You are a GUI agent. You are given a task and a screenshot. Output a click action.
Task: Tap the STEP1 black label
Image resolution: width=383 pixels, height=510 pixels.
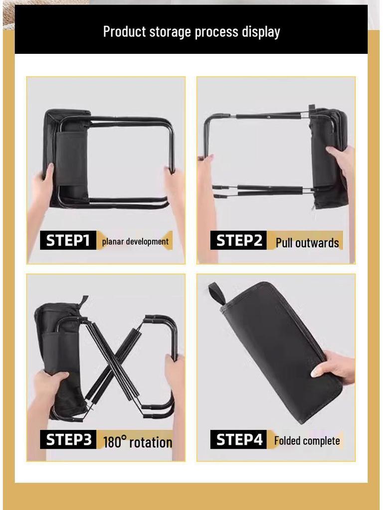coord(68,241)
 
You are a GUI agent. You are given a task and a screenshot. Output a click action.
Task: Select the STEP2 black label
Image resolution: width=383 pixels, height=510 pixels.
coord(238,241)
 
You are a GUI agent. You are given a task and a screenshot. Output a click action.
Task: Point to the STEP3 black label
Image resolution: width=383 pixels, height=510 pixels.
coord(68,440)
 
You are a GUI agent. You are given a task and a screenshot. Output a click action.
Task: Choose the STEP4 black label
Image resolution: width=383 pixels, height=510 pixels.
coord(239,440)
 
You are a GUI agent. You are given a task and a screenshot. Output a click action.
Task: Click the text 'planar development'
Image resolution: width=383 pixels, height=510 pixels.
coord(135,242)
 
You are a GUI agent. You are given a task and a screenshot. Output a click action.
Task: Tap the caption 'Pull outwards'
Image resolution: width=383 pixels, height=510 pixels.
coord(307,243)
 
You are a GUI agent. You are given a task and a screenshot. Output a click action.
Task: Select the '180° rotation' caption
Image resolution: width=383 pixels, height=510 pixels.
coord(138,442)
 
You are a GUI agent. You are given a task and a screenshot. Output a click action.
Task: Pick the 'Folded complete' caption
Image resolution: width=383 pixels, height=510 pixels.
coord(307,441)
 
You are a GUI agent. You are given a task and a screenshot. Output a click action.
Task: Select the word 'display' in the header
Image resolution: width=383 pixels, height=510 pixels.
coord(261,32)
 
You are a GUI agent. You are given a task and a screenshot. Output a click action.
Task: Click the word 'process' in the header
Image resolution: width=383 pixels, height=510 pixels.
coord(216,32)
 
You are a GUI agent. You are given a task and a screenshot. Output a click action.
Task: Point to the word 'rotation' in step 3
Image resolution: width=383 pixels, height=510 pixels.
coord(151,442)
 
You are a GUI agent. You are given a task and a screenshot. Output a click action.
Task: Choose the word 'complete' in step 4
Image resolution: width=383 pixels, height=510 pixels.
coord(322,441)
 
